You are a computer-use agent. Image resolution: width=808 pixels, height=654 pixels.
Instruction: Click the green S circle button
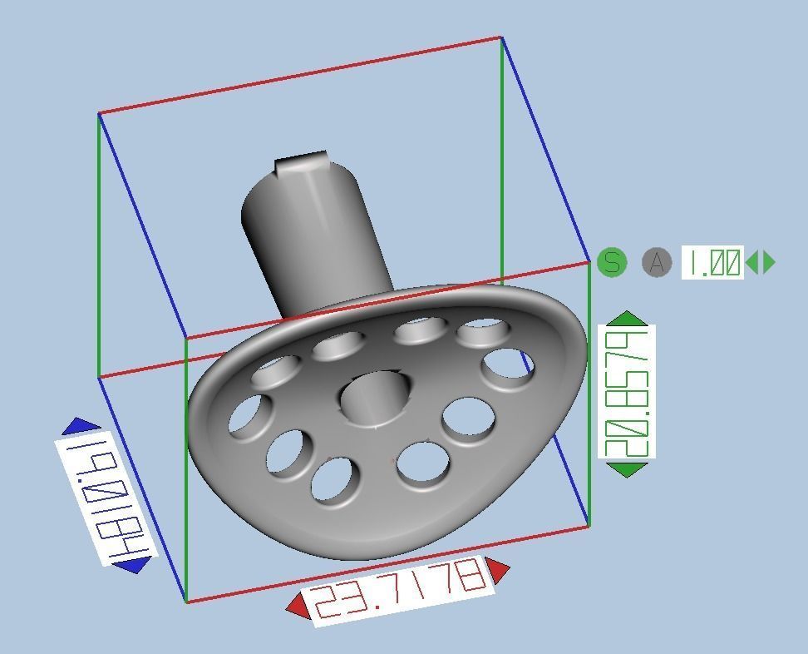pyautogui.click(x=612, y=263)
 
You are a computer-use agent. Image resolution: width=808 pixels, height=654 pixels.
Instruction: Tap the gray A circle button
pyautogui.click(x=657, y=263)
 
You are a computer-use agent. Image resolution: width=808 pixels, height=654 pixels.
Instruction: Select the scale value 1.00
pyautogui.click(x=712, y=263)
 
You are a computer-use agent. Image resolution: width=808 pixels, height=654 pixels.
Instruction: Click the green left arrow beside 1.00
pyautogui.click(x=752, y=263)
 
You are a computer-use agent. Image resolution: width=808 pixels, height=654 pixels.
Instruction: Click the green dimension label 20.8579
pyautogui.click(x=627, y=392)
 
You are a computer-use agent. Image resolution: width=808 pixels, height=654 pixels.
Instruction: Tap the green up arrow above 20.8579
pyautogui.click(x=627, y=318)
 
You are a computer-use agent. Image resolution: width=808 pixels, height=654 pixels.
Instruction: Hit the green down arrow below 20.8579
pyautogui.click(x=627, y=469)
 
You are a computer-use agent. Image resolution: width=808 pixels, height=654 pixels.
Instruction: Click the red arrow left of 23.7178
pyautogui.click(x=298, y=607)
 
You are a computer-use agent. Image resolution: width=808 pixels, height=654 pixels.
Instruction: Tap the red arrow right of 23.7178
pyautogui.click(x=498, y=570)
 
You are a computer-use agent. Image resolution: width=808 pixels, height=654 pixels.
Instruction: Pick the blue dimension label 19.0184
pyautogui.click(x=105, y=497)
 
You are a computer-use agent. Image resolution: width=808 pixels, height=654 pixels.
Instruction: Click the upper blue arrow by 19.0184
pyautogui.click(x=81, y=427)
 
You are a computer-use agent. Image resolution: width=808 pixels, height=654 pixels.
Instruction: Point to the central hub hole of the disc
pyautogui.click(x=376, y=398)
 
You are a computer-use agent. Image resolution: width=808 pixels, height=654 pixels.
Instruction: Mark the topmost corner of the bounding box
pyautogui.click(x=501, y=37)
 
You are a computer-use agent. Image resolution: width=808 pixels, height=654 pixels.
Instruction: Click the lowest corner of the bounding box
pyautogui.click(x=185, y=602)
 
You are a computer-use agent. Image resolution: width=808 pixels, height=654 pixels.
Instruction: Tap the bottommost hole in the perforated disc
pyautogui.click(x=336, y=481)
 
